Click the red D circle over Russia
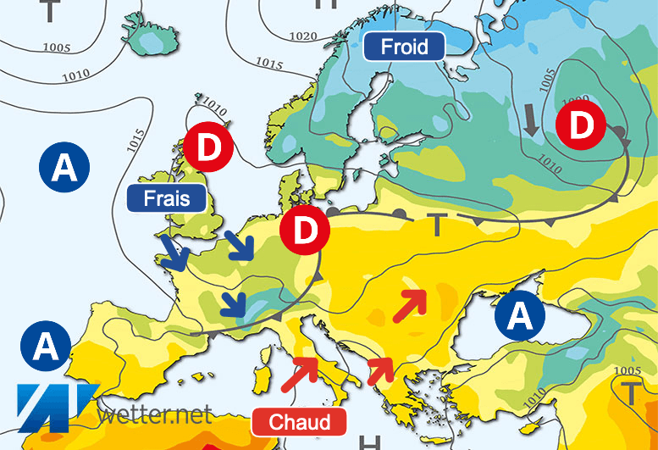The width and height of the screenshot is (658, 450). (581, 125)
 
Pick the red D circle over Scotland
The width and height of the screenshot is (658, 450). (209, 147)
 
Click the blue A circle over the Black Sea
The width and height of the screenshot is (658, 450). (520, 316)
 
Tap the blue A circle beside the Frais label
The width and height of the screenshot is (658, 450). (64, 168)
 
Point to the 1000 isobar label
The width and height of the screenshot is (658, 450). (575, 100)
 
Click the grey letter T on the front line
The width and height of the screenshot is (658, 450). (437, 225)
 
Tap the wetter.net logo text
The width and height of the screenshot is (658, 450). (154, 416)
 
